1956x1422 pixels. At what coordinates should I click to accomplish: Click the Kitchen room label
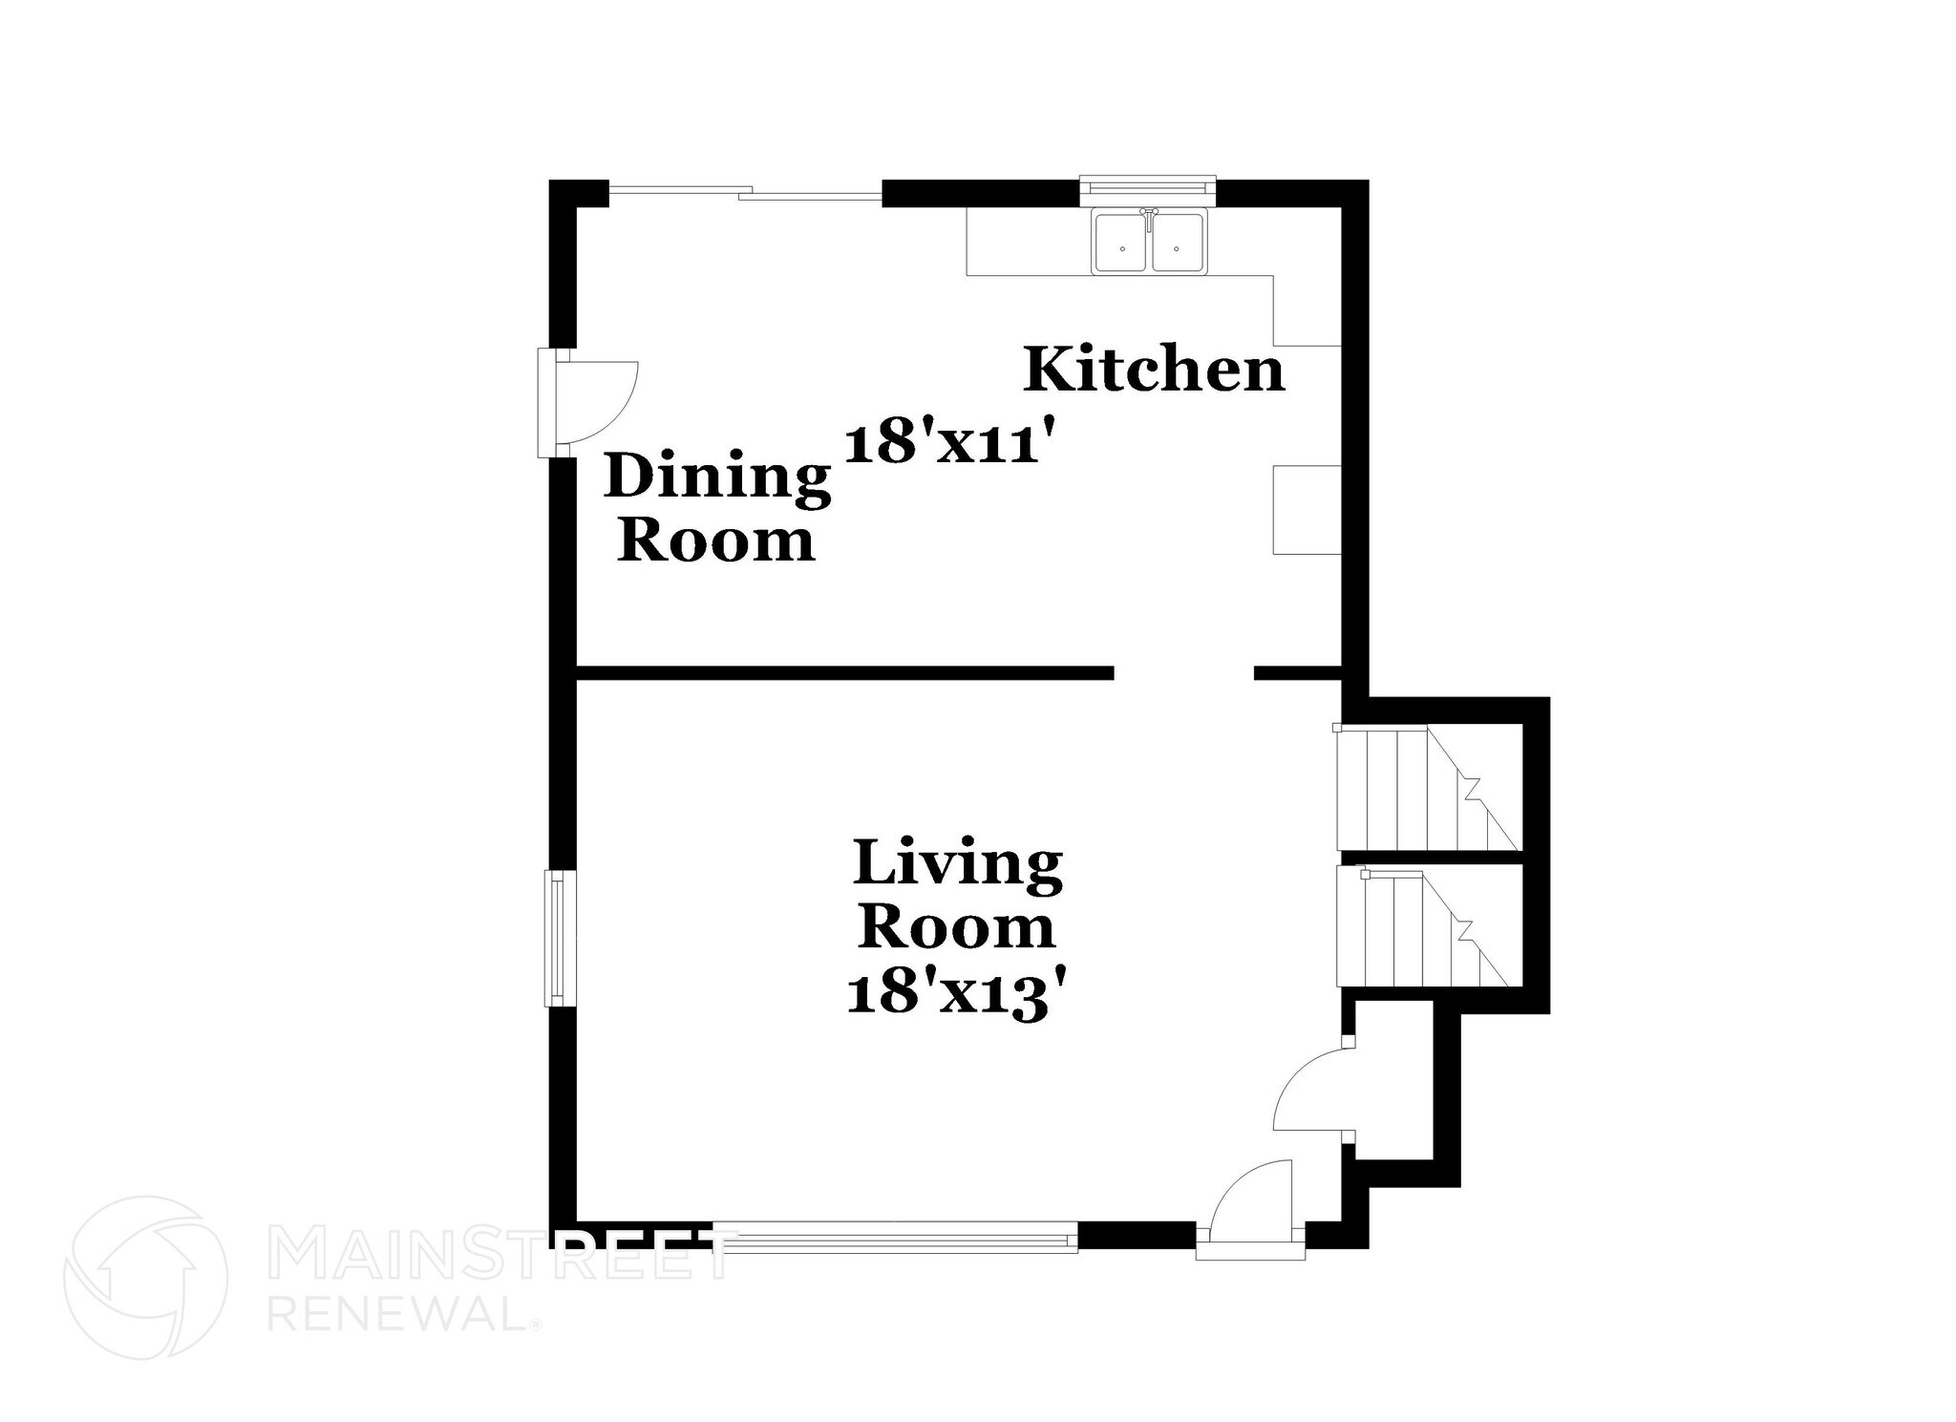[x=1154, y=371]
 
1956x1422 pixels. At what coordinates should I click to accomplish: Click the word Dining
[x=717, y=478]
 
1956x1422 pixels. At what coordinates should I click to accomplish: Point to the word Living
[x=958, y=865]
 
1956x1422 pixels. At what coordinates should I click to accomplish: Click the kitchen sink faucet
[x=1150, y=214]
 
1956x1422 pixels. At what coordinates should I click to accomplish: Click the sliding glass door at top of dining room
[x=745, y=194]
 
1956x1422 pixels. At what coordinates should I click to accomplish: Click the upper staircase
[x=1428, y=789]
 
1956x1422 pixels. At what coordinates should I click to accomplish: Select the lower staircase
[x=1423, y=927]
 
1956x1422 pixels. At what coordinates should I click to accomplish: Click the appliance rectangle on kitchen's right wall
[x=1307, y=509]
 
